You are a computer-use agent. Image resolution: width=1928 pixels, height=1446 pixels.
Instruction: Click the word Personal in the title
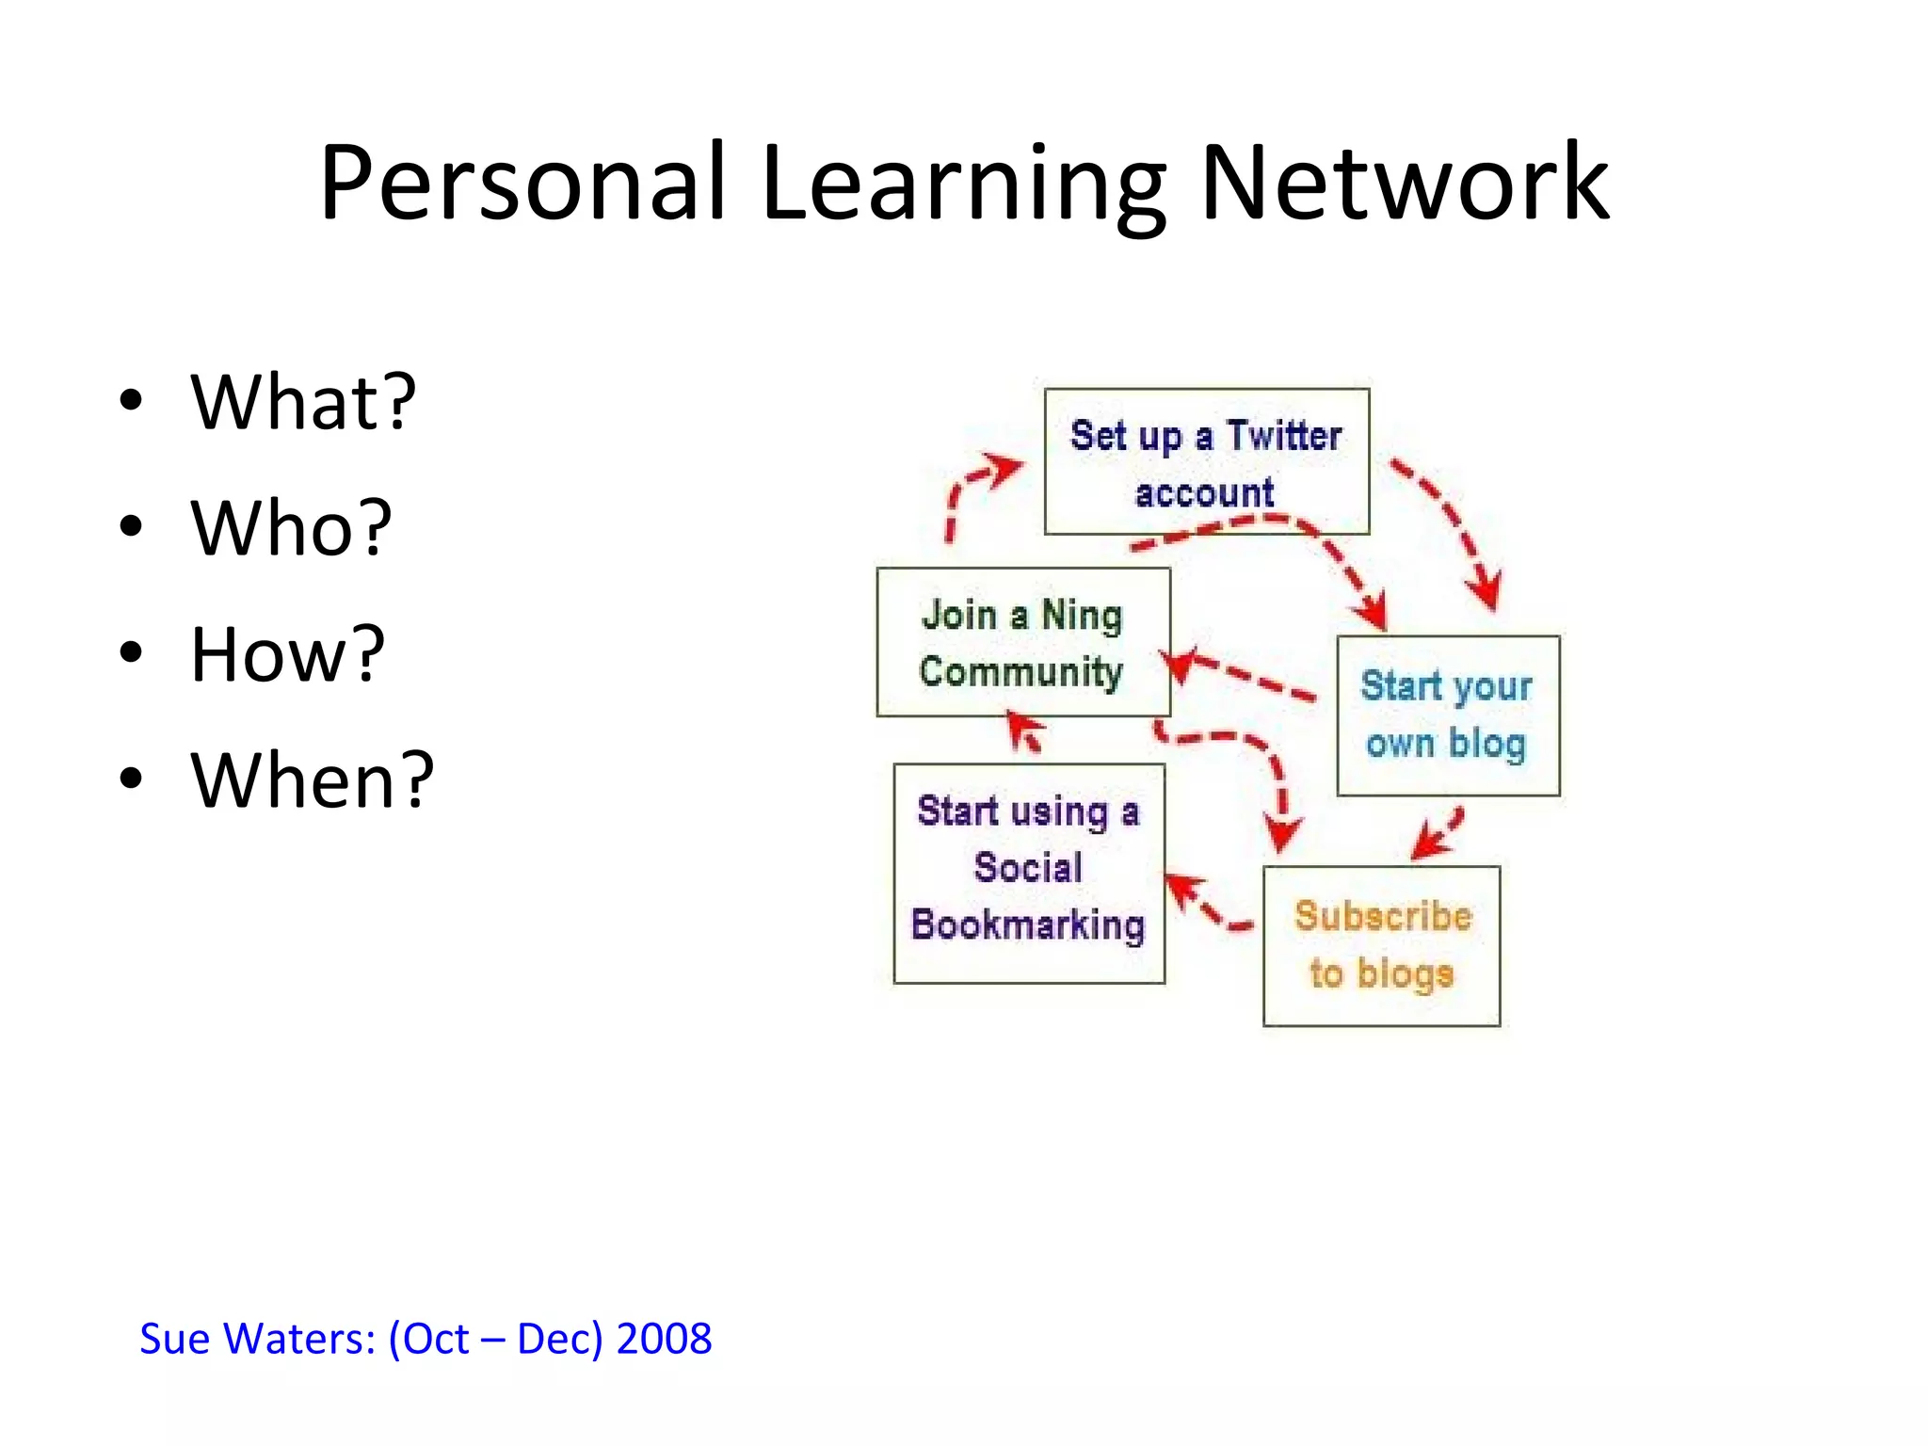pyautogui.click(x=522, y=184)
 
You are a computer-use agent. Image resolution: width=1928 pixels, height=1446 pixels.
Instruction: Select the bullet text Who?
pyautogui.click(x=291, y=528)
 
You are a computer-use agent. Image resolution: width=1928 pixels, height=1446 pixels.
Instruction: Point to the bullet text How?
pyautogui.click(x=287, y=654)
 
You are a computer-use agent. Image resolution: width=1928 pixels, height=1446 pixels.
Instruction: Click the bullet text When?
pyautogui.click(x=312, y=780)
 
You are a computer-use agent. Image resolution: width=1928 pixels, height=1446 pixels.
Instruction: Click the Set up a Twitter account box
pyautogui.click(x=1206, y=461)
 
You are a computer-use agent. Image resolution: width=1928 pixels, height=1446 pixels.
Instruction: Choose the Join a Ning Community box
pyautogui.click(x=1023, y=642)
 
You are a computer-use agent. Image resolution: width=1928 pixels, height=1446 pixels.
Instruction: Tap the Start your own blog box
pyautogui.click(x=1448, y=715)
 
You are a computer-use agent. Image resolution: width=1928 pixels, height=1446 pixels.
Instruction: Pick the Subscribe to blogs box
pyautogui.click(x=1381, y=945)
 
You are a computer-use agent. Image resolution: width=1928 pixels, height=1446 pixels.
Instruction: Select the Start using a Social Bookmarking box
pyautogui.click(x=1029, y=873)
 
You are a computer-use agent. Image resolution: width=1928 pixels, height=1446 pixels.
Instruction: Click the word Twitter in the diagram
pyautogui.click(x=1284, y=436)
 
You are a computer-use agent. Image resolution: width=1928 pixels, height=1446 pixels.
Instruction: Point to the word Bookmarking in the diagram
pyautogui.click(x=1028, y=924)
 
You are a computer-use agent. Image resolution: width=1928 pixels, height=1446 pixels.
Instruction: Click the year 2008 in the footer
pyautogui.click(x=664, y=1339)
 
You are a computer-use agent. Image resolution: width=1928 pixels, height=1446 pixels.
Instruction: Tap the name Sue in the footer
pyautogui.click(x=174, y=1339)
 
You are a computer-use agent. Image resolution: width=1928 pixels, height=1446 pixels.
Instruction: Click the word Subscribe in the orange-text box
pyautogui.click(x=1382, y=916)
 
